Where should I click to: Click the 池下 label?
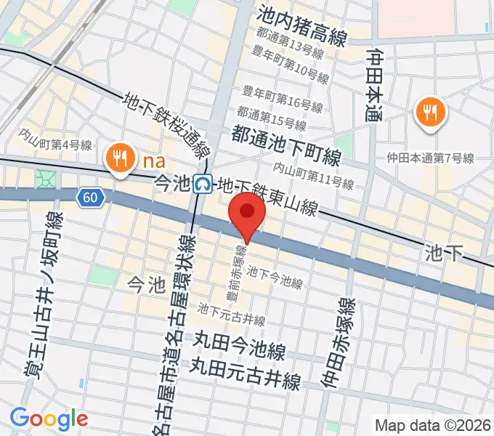click(x=443, y=252)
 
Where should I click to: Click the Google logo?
click(x=49, y=418)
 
